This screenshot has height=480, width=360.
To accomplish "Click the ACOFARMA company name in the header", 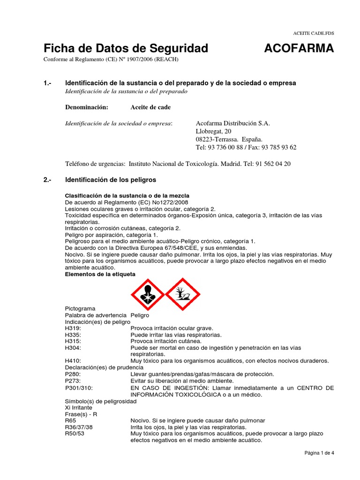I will (299, 48).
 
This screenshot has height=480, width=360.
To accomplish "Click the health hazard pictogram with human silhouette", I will (147, 294).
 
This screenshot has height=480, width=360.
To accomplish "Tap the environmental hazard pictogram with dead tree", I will (183, 294).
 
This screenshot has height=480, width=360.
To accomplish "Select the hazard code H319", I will (73, 328).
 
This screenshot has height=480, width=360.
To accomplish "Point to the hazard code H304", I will (73, 348).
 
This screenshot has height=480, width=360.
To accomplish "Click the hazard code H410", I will (73, 360).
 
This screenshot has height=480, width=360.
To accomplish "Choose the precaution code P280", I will (73, 374).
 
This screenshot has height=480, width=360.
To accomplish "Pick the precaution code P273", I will (73, 381).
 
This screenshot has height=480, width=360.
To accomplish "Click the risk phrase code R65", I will (70, 421).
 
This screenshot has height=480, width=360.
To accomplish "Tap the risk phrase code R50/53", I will (75, 434).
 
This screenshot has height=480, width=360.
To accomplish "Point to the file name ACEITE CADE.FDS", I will (314, 33).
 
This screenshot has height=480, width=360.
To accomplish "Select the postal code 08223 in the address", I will (204, 139).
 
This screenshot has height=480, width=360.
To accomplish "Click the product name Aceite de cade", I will (150, 107).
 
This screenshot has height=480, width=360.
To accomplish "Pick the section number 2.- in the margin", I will (47, 180).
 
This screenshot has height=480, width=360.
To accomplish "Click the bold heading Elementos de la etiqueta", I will (99, 274).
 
